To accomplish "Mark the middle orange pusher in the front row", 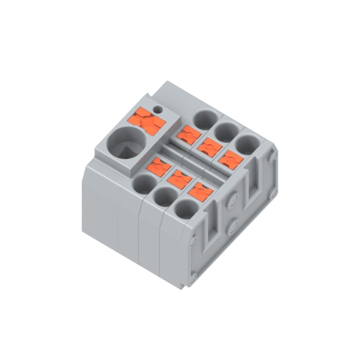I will pos(179,178).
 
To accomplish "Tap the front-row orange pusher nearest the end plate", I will pos(201,191).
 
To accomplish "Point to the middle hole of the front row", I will pos(165,196).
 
